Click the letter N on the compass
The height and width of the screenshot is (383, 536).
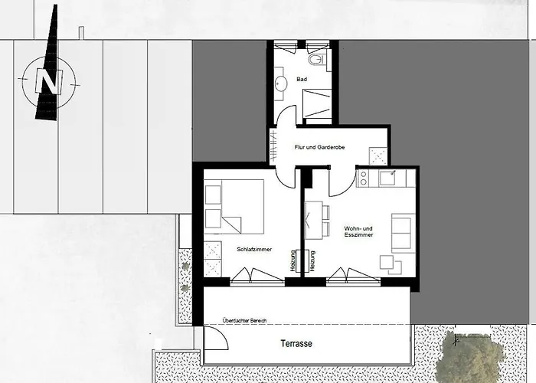pos(49,82)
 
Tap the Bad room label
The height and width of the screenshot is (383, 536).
pos(302,80)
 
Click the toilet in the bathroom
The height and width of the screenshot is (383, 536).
pos(316,59)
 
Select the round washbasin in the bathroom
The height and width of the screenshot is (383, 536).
pos(282,83)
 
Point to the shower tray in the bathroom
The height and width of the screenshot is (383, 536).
pos(317,103)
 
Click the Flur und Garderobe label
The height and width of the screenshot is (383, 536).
pos(319,147)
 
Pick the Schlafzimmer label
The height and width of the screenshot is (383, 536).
pos(254,249)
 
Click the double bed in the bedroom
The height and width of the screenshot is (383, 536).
pos(234,207)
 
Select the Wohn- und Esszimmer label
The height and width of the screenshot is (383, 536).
pos(358,231)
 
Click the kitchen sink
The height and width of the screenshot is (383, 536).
pos(387,178)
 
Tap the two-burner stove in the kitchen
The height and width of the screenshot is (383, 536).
pos(363,178)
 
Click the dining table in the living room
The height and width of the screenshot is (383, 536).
pos(314,221)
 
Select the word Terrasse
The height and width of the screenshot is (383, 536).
pos(296,343)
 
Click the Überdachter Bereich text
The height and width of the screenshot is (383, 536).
pos(244,321)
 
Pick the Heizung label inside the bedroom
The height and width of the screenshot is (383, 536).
pos(293,261)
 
